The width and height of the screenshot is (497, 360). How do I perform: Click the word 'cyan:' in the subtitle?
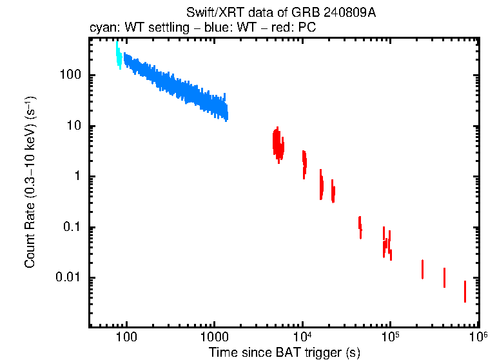pos(102,29)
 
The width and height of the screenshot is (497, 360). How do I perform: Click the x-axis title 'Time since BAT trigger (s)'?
pos(284,352)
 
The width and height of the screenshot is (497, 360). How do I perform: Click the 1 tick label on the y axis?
pos(76,177)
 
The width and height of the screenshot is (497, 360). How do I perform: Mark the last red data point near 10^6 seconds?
pos(465,292)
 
